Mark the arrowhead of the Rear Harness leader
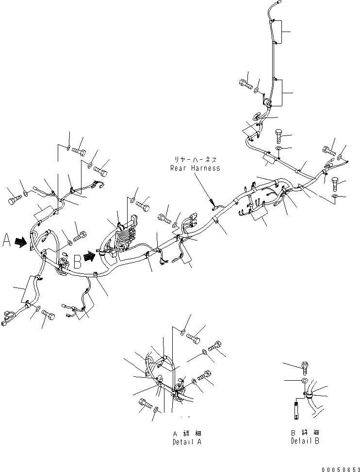[213, 203]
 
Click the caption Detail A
[187, 442]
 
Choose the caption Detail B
[305, 441]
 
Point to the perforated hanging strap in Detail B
[295, 408]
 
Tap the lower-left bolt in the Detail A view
[146, 403]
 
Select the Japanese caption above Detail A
[187, 433]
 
